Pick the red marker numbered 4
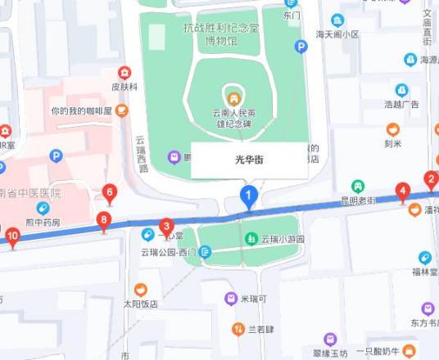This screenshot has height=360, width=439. point(402,191)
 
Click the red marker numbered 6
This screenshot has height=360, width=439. point(110,193)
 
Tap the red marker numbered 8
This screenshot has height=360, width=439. point(103,219)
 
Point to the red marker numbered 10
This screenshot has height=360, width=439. point(11,236)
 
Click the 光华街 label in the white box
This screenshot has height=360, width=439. point(250,159)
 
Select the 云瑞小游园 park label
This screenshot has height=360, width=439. point(282,240)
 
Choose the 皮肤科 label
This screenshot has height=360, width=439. point(124,85)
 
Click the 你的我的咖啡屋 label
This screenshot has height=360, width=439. point(81,110)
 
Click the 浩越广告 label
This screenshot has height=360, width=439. point(401,104)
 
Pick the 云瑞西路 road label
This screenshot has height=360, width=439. point(143,153)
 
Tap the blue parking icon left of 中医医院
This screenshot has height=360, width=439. point(56,155)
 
